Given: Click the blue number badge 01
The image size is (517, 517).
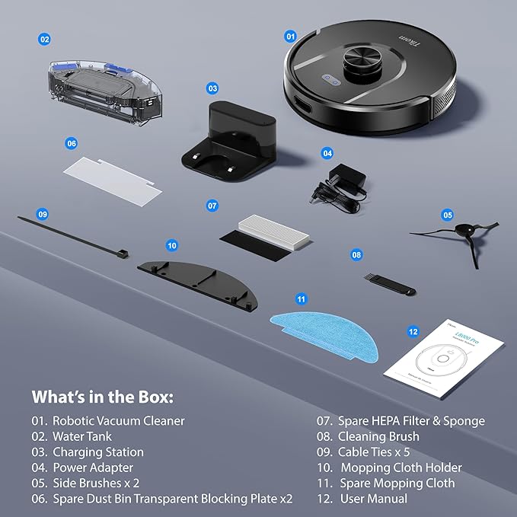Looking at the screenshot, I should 290,36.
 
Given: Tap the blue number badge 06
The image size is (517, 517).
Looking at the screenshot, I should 72,142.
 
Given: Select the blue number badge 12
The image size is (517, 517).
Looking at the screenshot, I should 413,332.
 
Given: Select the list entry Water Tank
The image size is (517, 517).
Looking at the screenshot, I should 81,436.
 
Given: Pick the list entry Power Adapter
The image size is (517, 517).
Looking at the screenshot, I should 92,468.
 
